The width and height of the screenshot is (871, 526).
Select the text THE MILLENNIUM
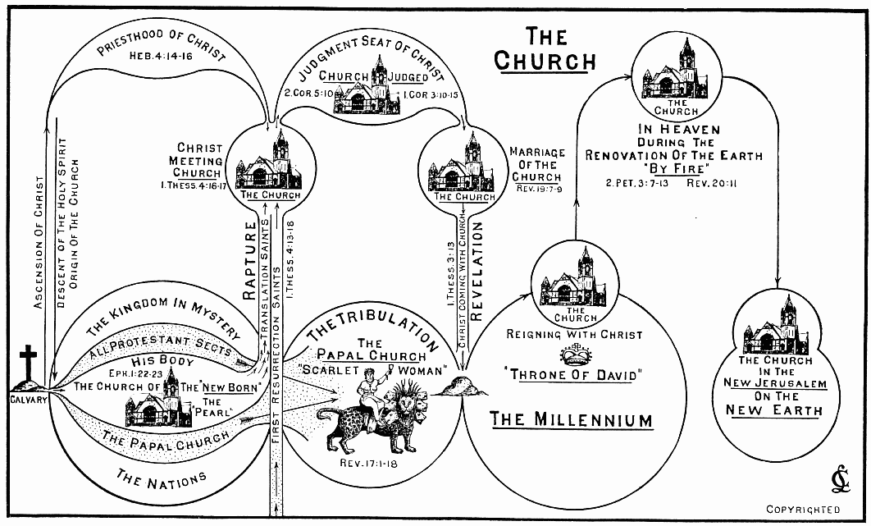(x=571, y=420)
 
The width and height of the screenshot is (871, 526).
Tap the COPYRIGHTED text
(x=804, y=509)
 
